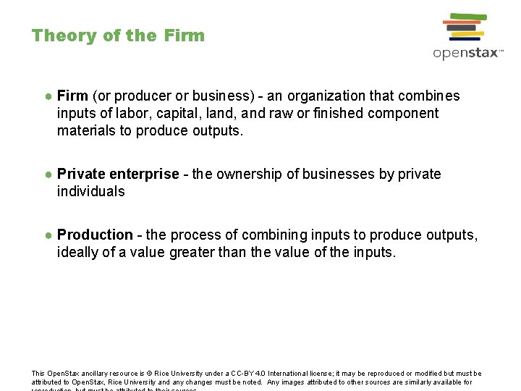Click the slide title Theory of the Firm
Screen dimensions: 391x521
click(x=118, y=35)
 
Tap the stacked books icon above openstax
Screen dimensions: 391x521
click(x=464, y=27)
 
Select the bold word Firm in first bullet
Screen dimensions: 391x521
click(x=72, y=96)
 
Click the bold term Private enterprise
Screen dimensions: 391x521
click(x=118, y=175)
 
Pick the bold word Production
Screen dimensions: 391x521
click(x=95, y=235)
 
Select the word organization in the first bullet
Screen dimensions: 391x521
click(x=323, y=96)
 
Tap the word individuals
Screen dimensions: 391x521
click(x=91, y=192)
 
